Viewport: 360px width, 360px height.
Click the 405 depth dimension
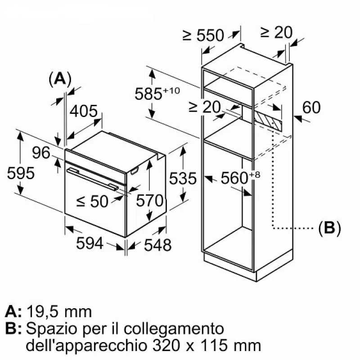click(83, 111)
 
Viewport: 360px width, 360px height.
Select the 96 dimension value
click(41, 153)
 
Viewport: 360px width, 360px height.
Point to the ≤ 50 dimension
click(92, 201)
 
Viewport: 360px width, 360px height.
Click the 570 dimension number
click(149, 201)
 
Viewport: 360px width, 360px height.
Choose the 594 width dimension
click(90, 243)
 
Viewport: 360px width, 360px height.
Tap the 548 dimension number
click(157, 245)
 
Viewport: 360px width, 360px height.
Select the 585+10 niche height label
click(157, 93)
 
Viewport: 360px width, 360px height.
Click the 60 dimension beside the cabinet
click(311, 108)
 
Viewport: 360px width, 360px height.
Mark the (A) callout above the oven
click(59, 79)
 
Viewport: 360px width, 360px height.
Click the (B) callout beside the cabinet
click(329, 228)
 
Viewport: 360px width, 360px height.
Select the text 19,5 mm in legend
click(59, 311)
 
